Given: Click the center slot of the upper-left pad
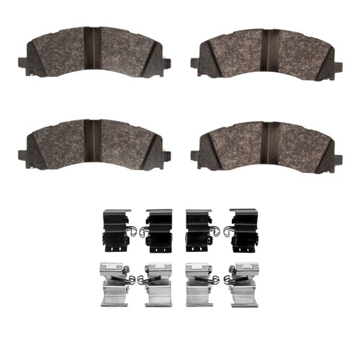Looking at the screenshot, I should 92,45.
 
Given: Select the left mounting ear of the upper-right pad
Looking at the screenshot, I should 196,63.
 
